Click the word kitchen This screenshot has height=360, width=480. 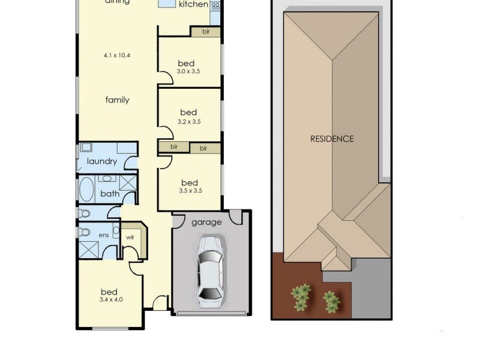pyautogui.click(x=194, y=5)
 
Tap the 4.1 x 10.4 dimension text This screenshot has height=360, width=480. pyautogui.click(x=117, y=55)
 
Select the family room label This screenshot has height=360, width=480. pyautogui.click(x=118, y=100)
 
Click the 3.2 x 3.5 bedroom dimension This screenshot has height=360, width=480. pyautogui.click(x=189, y=121)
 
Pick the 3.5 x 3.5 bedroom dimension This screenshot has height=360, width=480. pyautogui.click(x=190, y=191)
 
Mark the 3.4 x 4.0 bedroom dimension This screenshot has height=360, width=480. pyautogui.click(x=111, y=299)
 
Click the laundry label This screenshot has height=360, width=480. pyautogui.click(x=101, y=161)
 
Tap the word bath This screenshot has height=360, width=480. pyautogui.click(x=109, y=193)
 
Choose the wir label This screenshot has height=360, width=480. pyautogui.click(x=130, y=236)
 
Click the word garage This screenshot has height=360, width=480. pyautogui.click(x=206, y=222)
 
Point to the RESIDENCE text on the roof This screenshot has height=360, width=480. pyautogui.click(x=332, y=139)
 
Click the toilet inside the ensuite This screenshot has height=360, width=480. pyautogui.click(x=84, y=231)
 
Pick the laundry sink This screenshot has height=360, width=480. pyautogui.click(x=86, y=147)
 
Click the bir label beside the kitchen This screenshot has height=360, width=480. pyautogui.click(x=205, y=31)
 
